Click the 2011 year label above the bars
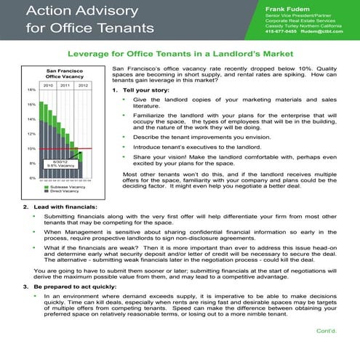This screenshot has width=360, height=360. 65,85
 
